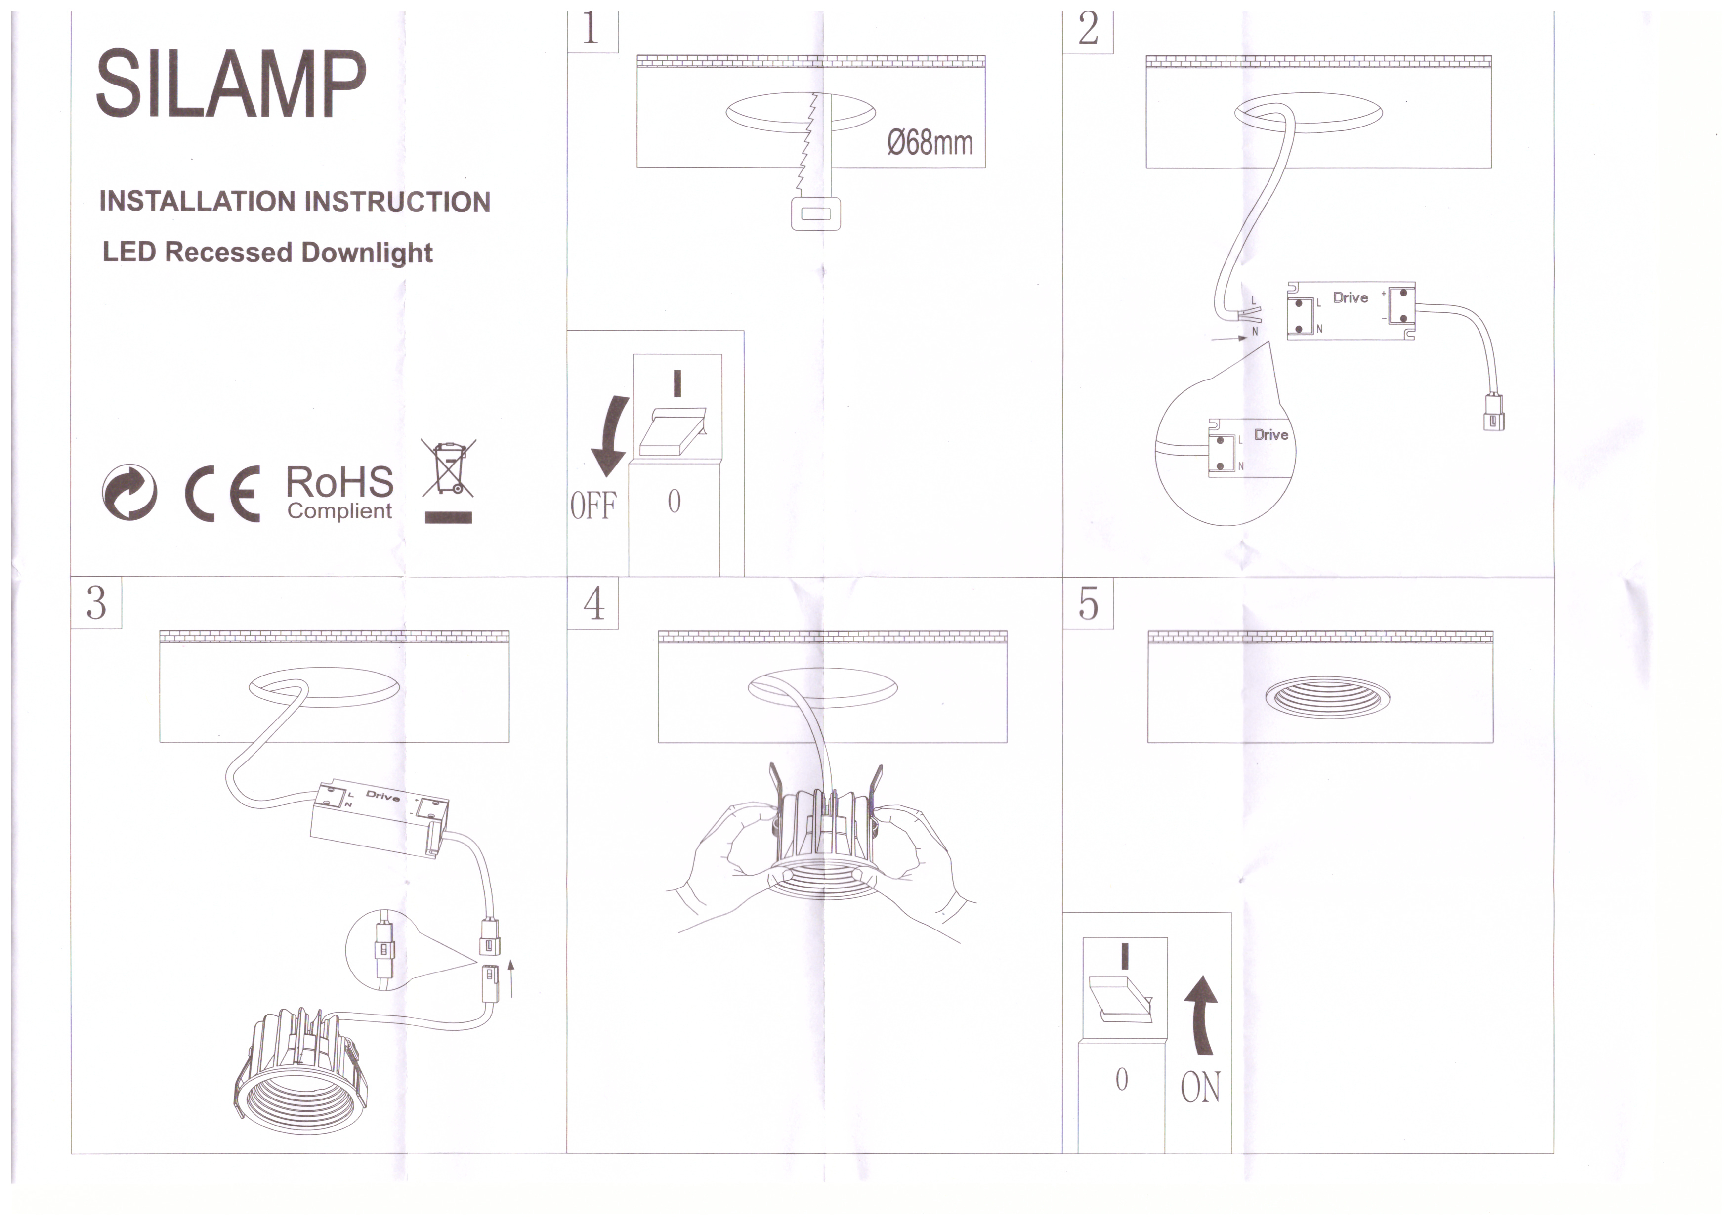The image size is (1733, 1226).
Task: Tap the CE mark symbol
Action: tap(223, 494)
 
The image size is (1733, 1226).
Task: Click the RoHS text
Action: tap(339, 482)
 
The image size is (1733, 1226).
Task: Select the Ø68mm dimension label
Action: tap(930, 143)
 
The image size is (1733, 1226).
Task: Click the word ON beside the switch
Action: tap(1200, 1088)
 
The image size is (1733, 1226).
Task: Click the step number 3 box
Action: tap(96, 602)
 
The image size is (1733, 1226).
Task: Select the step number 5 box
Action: tap(1088, 602)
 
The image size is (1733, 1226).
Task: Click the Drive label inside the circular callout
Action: tap(1271, 435)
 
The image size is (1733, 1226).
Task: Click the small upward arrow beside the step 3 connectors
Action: tap(512, 977)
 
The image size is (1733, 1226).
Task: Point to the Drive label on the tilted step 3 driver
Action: tap(382, 795)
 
